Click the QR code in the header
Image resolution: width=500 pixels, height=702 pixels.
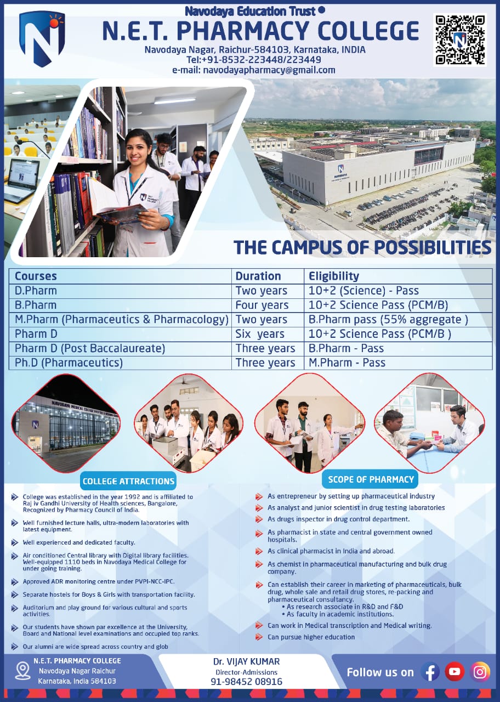460,40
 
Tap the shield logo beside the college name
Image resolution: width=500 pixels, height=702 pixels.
42,39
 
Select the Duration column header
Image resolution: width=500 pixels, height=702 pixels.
258,276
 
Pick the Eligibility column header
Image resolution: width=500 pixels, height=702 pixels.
334,276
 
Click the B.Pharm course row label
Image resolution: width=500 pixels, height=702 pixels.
36,305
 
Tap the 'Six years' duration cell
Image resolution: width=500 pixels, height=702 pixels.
260,334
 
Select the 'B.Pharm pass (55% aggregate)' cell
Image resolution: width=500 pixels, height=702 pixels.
388,319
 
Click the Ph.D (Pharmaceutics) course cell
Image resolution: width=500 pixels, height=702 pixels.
69,363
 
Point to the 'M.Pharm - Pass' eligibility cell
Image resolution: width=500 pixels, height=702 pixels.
347,363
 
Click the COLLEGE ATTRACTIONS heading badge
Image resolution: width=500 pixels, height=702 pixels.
128,481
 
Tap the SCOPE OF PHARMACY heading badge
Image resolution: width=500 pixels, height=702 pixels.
371,479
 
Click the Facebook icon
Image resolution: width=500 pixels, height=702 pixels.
430,672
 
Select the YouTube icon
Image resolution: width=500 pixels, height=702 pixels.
454,671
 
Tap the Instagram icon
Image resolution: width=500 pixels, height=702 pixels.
480,672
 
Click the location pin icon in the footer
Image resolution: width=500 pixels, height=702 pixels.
23,671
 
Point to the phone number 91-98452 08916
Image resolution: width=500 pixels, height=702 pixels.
246,682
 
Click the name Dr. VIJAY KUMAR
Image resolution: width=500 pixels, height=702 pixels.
246,661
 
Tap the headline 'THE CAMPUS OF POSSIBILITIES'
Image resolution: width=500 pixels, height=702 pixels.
362,247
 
